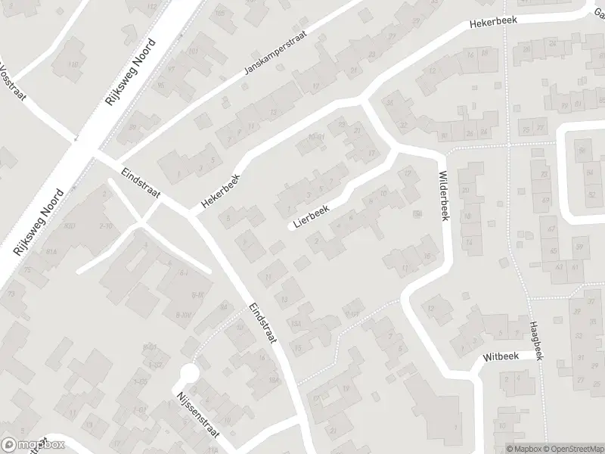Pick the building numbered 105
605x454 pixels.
[x=221, y=14]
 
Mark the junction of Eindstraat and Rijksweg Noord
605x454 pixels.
[x=89, y=156]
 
